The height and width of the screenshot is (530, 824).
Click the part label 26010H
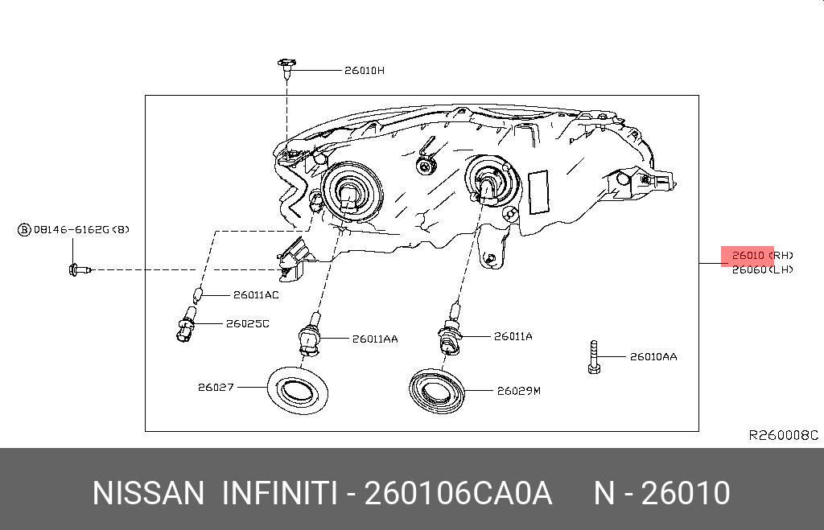tap(364, 70)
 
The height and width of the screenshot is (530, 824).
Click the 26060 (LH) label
tap(761, 269)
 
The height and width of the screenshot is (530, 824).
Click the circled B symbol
tap(24, 230)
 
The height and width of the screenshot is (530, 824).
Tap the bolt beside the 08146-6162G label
tap(77, 269)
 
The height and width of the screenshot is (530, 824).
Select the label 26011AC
tap(255, 295)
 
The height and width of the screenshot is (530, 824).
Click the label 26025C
tap(247, 323)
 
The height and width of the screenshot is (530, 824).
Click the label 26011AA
tap(374, 339)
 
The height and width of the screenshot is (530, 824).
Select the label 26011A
tap(513, 336)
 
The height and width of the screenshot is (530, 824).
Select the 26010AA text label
tap(653, 355)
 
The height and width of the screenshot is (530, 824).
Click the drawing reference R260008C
tap(783, 435)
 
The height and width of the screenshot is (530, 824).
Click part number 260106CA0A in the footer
tap(458, 493)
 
